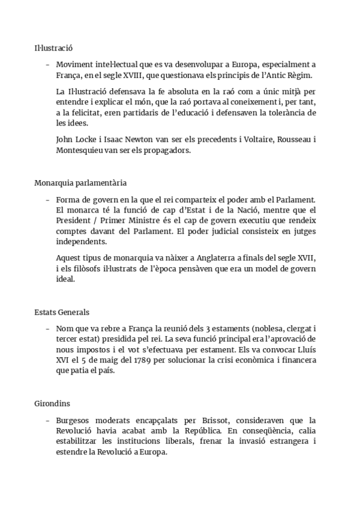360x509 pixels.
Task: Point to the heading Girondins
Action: coord(52,405)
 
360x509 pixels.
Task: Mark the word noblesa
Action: coord(260,328)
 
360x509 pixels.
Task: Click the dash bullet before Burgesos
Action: coord(47,420)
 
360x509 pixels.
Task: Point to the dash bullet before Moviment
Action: coord(47,64)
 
